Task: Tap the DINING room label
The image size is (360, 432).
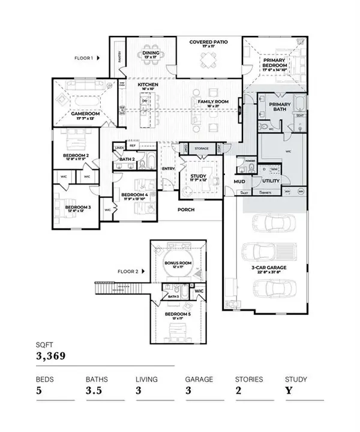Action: (x=150, y=53)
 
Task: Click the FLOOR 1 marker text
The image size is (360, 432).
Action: (x=83, y=59)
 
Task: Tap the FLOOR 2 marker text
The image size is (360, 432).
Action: (x=128, y=272)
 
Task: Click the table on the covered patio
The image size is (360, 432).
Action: (x=207, y=60)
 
